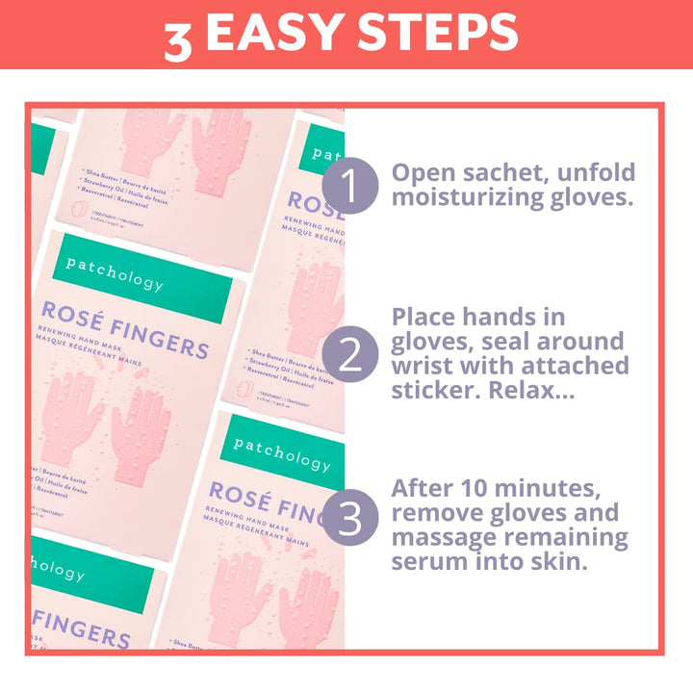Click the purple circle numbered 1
[x=350, y=185]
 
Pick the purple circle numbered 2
[x=350, y=354]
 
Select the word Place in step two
[x=426, y=317]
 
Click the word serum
[x=428, y=561]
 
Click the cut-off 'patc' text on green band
[x=328, y=154]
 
